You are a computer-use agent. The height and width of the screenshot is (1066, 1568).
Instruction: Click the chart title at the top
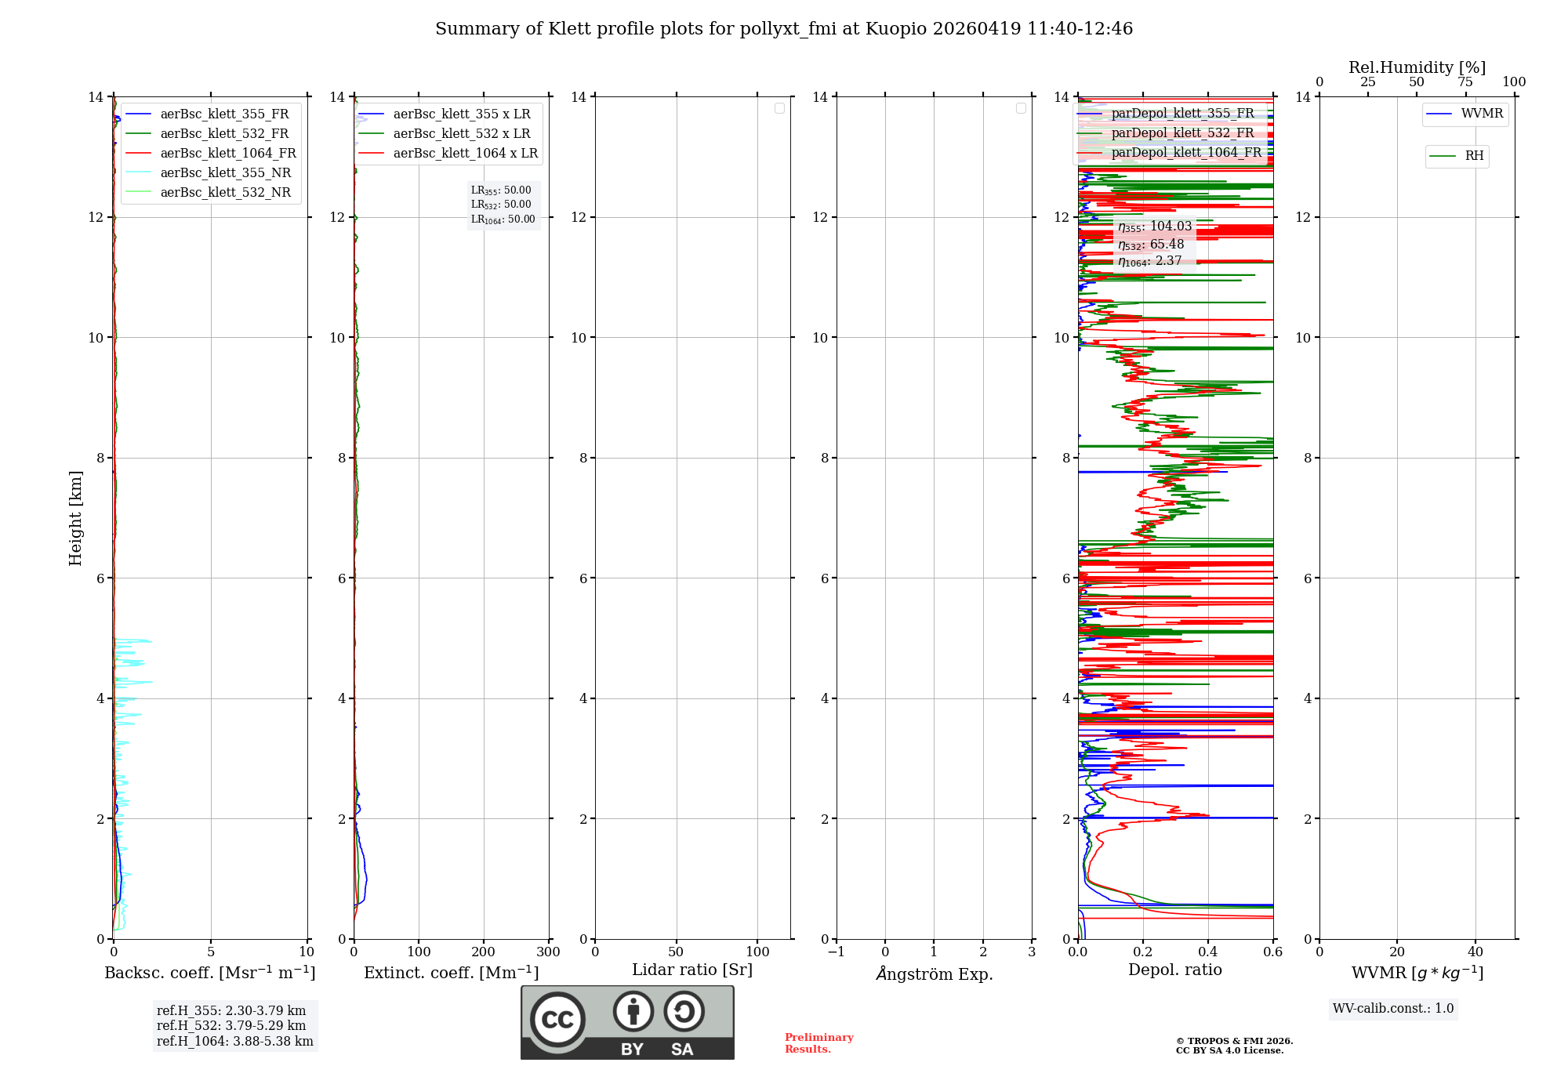tap(784, 29)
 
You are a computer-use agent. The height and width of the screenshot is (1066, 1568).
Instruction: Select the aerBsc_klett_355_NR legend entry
tap(225, 173)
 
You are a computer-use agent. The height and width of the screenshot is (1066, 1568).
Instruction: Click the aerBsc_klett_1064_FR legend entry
tap(228, 154)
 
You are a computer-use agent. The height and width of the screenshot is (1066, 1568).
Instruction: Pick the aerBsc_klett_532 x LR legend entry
tap(461, 134)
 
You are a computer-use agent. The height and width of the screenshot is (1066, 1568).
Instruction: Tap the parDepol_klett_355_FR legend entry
tap(1182, 114)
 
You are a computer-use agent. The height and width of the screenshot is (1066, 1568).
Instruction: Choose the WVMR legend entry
tap(1482, 114)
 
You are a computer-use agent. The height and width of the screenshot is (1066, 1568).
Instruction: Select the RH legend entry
tap(1474, 156)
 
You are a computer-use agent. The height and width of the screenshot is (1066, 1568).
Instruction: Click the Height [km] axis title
tap(75, 518)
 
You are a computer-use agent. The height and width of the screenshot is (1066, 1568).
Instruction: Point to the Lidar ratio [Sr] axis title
tap(692, 970)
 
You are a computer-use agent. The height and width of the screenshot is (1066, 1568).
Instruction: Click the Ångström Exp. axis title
tap(935, 974)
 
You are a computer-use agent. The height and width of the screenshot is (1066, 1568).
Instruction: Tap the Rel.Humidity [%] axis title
tap(1417, 67)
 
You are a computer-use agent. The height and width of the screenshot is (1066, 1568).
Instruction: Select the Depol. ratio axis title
tap(1174, 970)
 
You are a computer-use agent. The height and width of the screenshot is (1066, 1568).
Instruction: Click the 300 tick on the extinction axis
tap(548, 952)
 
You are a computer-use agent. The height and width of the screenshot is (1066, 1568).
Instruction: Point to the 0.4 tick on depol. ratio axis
tap(1208, 952)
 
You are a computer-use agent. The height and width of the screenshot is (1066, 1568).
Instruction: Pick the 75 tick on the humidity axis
tap(1465, 82)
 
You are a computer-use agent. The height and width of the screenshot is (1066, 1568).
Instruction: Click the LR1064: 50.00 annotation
tap(503, 219)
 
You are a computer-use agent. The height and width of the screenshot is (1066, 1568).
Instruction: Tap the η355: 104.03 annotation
tap(1155, 227)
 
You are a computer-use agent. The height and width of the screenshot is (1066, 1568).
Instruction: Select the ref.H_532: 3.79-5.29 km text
tap(231, 1026)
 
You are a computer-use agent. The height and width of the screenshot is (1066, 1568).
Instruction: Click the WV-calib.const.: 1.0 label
tap(1393, 1009)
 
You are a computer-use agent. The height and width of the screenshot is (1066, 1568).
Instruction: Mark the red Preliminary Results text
tap(818, 1043)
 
